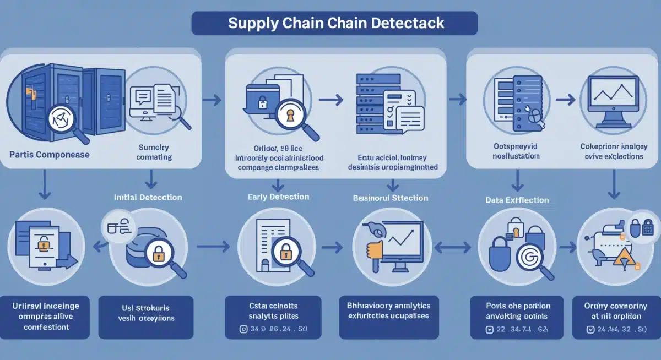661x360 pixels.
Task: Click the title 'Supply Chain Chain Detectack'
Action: coord(335,24)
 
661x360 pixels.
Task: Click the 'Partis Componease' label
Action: coord(50,155)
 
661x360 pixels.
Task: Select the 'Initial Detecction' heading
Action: coord(148,197)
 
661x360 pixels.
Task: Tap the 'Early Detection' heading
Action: coord(279,197)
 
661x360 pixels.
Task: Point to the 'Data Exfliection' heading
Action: coord(517,200)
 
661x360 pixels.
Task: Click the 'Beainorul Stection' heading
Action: coord(390,198)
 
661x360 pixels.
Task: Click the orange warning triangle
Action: coord(623,256)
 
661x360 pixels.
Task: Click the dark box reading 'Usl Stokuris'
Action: coord(145,312)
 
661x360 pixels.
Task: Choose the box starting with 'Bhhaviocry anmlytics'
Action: coord(389,311)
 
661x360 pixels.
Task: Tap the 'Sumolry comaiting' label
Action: coord(153,152)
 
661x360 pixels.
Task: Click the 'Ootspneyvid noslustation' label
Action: coord(516,151)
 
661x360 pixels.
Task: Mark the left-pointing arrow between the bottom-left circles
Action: coord(100,248)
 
